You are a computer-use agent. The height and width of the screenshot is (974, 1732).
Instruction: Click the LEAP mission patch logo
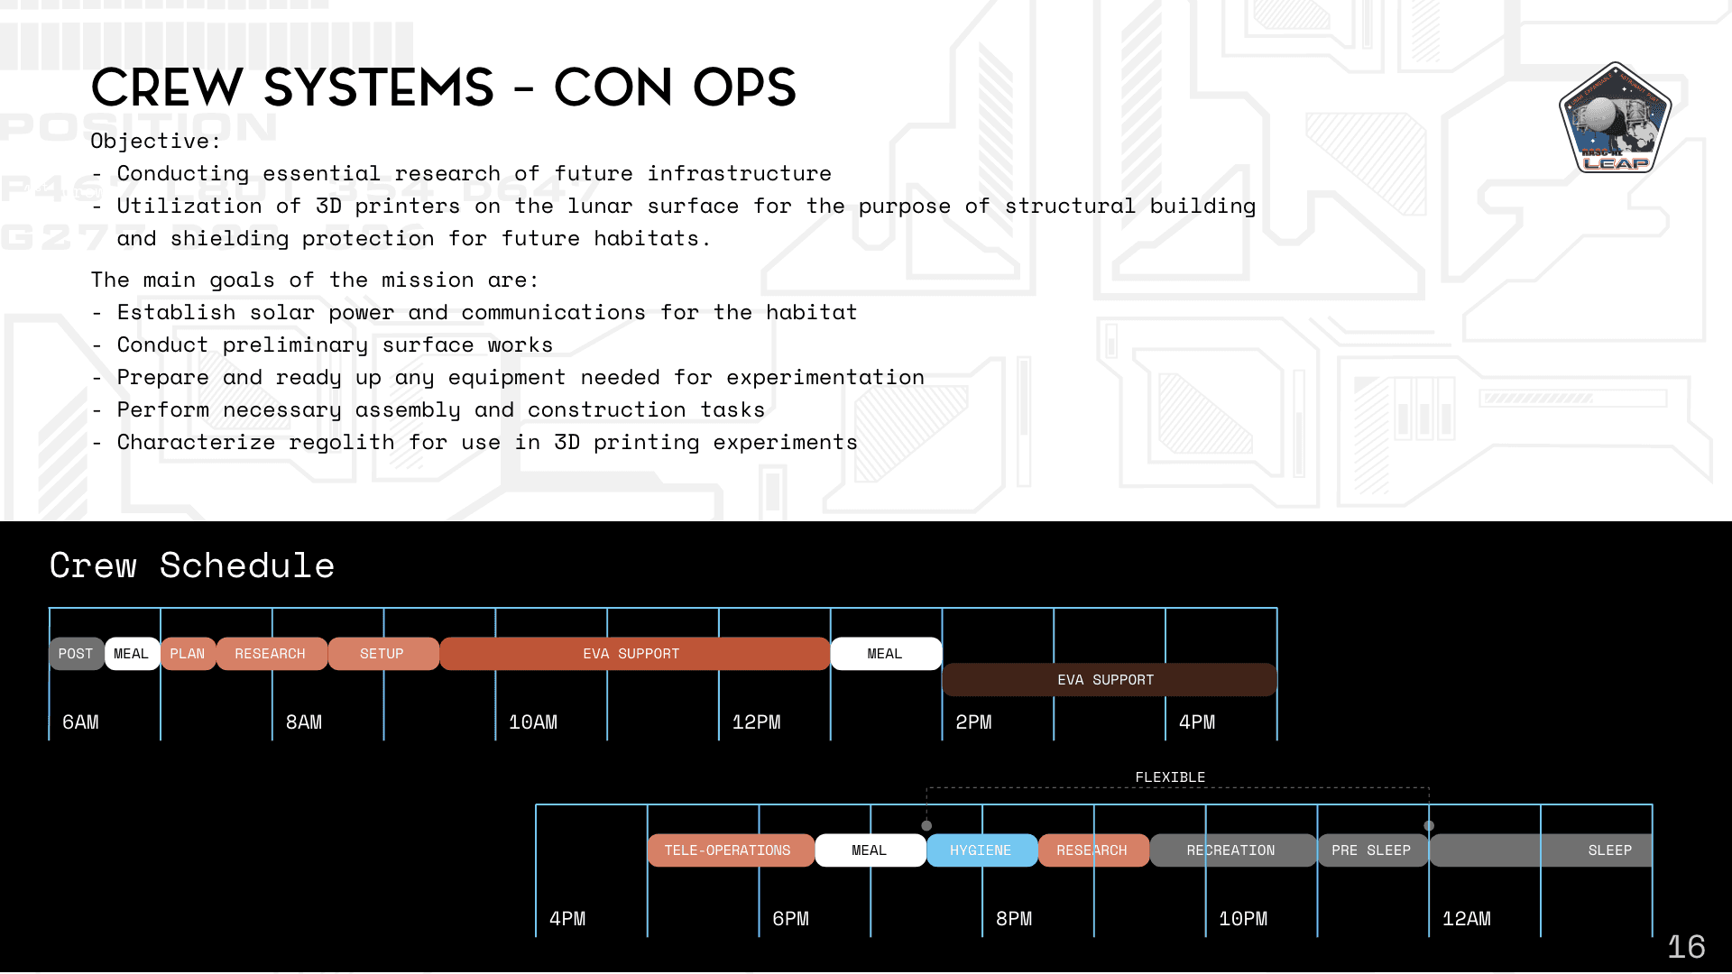(x=1615, y=118)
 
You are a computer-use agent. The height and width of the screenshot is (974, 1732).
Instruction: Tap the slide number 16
(x=1685, y=947)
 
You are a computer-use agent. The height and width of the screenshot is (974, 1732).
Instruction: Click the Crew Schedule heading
(x=192, y=565)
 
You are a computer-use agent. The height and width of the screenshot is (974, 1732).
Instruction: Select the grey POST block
(x=76, y=654)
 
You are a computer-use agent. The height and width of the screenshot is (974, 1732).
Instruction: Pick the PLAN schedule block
(x=188, y=654)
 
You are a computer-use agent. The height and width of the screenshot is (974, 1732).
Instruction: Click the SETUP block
(x=382, y=654)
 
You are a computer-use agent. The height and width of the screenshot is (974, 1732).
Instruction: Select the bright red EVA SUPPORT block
(x=631, y=654)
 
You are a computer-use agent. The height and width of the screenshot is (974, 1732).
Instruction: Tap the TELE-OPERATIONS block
(x=728, y=850)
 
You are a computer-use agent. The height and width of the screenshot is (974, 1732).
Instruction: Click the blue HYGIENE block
(x=981, y=850)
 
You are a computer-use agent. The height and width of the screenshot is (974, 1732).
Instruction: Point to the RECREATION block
(x=1231, y=850)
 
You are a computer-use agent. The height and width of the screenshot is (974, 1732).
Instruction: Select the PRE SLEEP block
(x=1371, y=850)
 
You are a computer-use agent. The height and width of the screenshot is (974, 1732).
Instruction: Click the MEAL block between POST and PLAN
(x=132, y=654)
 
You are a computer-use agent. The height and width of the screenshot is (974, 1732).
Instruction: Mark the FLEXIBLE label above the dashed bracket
(x=1170, y=777)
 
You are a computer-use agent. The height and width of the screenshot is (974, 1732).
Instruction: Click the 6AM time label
(x=80, y=722)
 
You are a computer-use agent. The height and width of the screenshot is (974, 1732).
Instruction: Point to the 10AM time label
(x=533, y=722)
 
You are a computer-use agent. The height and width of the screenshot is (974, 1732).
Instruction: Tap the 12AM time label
(x=1467, y=919)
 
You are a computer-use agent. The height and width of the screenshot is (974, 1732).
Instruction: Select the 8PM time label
(x=1014, y=919)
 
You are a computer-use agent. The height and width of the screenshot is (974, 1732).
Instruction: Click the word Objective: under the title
(x=155, y=142)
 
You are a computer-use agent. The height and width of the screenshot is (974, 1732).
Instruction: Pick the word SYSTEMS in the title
(x=379, y=88)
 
